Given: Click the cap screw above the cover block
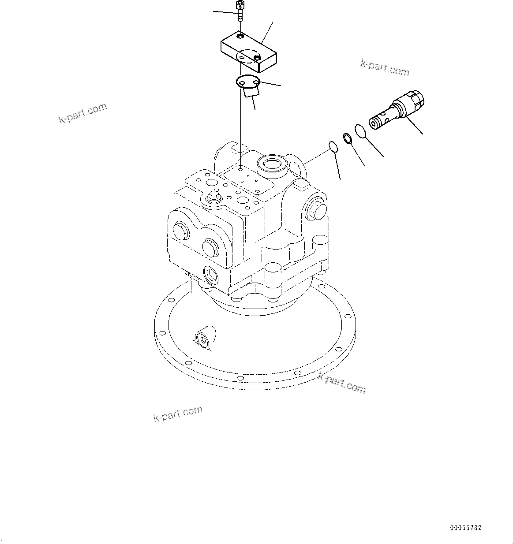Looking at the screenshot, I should (240, 11).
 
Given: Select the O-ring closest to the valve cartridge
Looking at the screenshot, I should (360, 131).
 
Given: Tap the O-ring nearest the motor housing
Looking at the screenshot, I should (333, 147).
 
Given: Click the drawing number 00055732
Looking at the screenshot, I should (466, 528).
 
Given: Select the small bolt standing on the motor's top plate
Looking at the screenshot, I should (215, 195).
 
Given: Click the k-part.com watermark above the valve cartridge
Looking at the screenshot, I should (385, 67).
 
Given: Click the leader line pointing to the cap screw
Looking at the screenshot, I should (225, 12).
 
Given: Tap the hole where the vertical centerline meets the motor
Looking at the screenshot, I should (240, 168).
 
